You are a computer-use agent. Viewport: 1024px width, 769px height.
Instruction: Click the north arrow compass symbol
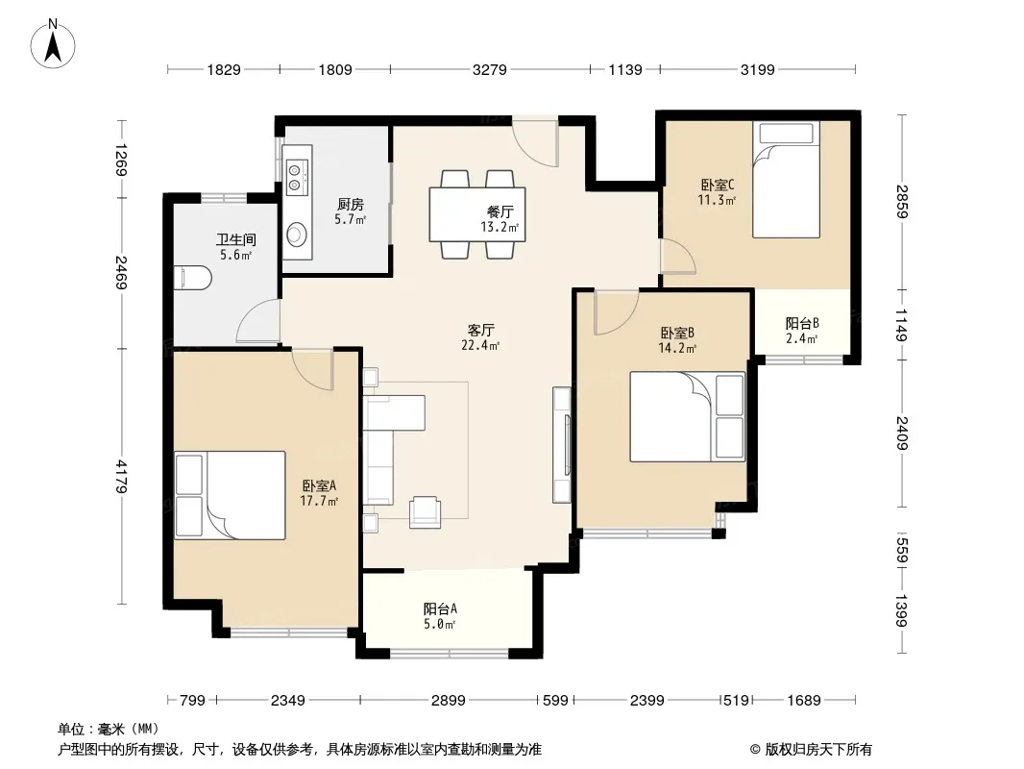53,44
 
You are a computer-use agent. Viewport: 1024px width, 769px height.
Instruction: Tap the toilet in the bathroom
193,278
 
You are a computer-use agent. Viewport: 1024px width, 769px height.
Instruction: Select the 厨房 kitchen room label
350,205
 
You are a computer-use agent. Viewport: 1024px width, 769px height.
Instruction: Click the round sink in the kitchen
297,234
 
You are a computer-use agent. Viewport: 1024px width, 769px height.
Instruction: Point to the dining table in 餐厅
477,214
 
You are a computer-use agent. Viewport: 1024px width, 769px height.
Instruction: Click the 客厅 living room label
480,330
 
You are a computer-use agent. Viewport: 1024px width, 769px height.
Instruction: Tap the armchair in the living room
426,511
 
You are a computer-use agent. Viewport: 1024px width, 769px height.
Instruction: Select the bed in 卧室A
230,495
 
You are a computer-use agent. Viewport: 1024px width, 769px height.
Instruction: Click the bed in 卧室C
786,180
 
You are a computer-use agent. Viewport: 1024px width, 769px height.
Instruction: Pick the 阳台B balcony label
802,323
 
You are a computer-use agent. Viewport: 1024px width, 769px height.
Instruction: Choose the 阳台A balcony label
440,608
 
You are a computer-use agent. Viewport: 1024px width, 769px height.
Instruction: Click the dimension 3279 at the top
489,69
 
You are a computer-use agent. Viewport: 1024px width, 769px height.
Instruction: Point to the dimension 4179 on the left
121,476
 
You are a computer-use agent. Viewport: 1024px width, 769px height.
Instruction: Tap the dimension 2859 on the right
902,202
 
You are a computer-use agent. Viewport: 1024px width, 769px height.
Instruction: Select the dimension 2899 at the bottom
448,701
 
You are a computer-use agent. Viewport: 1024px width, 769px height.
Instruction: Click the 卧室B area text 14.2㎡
677,348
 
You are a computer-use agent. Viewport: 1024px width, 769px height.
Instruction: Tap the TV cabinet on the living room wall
562,445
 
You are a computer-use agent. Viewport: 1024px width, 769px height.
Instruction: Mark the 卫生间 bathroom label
235,239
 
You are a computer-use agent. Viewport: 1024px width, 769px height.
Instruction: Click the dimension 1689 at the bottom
803,701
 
